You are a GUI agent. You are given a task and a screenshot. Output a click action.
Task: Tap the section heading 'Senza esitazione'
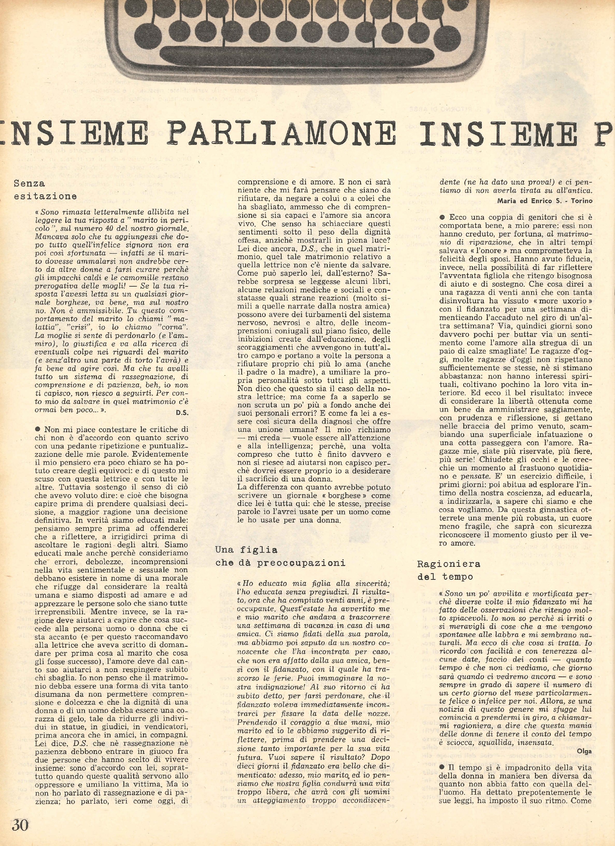pyautogui.click(x=45, y=189)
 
